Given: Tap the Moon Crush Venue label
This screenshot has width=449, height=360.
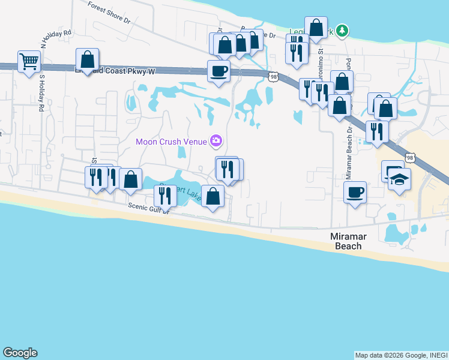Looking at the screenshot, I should pos(171,142).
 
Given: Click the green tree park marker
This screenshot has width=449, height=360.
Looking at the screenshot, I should pos(342,30).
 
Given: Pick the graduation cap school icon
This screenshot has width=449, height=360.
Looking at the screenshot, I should pos(399,178).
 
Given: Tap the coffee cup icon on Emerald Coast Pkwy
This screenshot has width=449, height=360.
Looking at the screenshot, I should pos(218,71).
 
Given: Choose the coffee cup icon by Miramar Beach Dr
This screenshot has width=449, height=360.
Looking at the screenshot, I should pos(355,192).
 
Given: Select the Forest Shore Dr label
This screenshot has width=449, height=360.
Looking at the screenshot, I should pos(109,12).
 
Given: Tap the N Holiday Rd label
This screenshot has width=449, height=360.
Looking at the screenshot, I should pos(57,39).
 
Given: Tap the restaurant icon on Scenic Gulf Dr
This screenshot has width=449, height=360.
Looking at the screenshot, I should pos(162,195).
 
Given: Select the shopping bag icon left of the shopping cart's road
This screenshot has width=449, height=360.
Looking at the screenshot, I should pos(88,59).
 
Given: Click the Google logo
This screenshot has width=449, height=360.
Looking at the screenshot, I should pos(20,353).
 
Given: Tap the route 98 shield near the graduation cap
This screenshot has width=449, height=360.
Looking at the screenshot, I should pos(411,158).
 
